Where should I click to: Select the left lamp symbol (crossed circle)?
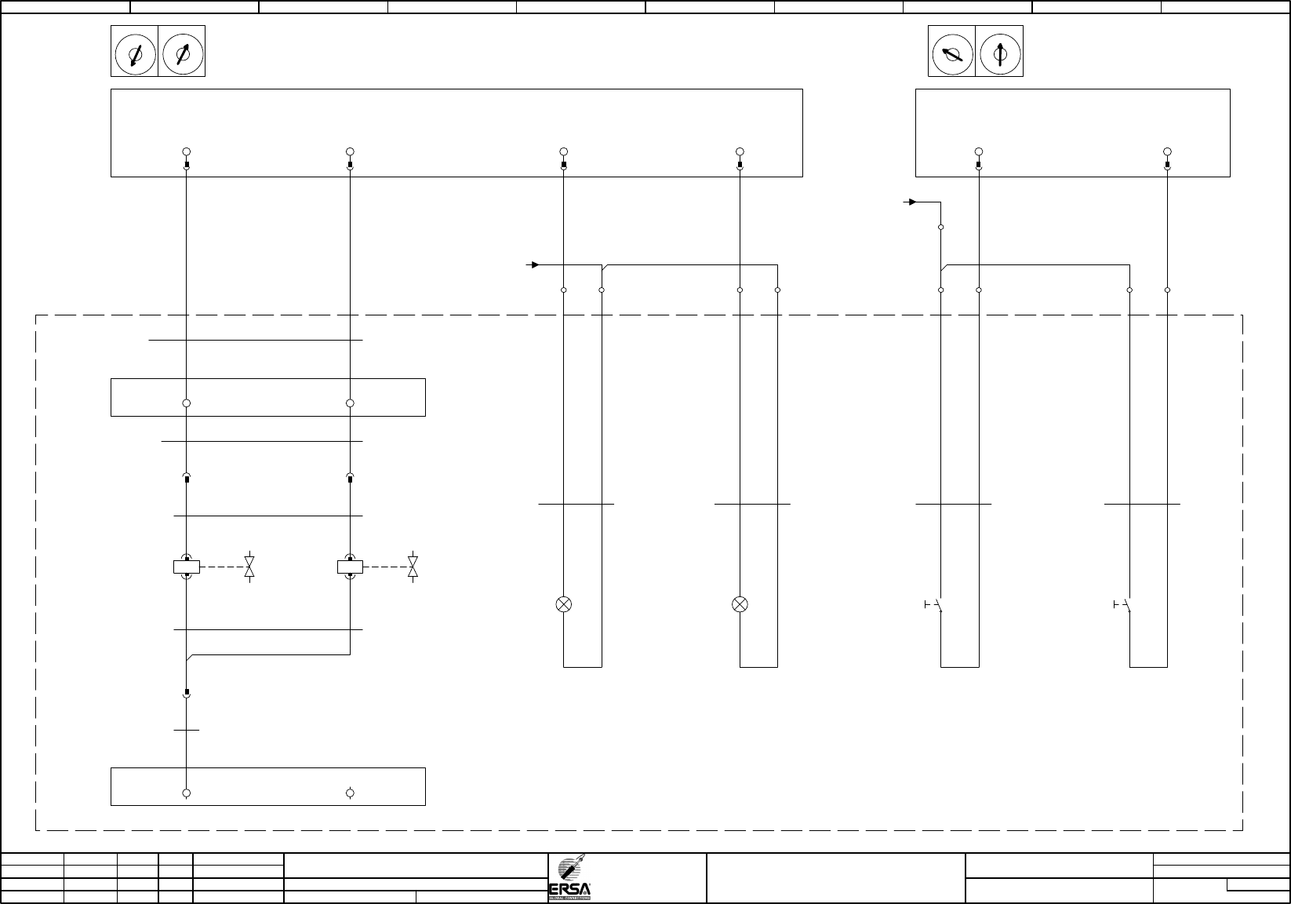pos(564,604)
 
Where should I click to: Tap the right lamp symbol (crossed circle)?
pos(740,604)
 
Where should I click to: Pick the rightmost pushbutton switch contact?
pos(1123,605)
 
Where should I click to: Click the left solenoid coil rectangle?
pos(187,567)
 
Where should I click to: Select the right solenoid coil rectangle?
pos(350,567)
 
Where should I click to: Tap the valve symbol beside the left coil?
pos(249,567)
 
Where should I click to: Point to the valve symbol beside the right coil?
pos(413,567)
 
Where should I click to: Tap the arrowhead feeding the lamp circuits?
pos(535,264)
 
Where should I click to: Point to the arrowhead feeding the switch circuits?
pos(911,202)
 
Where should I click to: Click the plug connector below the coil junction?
pos(187,694)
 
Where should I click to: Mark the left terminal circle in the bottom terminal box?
pos(187,793)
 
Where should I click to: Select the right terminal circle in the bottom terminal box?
pos(350,793)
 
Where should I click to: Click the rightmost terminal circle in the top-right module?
pos(1167,151)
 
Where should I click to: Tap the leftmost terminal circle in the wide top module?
pos(187,151)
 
